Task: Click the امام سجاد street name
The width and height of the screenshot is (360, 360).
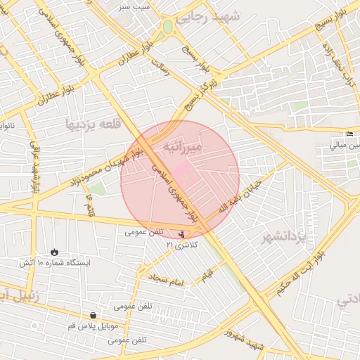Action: click(x=166, y=281)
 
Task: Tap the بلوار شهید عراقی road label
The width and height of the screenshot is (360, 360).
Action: click(x=34, y=168)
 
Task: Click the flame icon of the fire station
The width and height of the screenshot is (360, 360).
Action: click(x=55, y=252)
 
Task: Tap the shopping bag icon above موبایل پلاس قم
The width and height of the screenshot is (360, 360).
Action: click(x=94, y=316)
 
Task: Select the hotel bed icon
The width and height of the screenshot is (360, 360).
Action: click(x=349, y=134)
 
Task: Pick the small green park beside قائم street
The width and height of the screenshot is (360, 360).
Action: click(x=97, y=188)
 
